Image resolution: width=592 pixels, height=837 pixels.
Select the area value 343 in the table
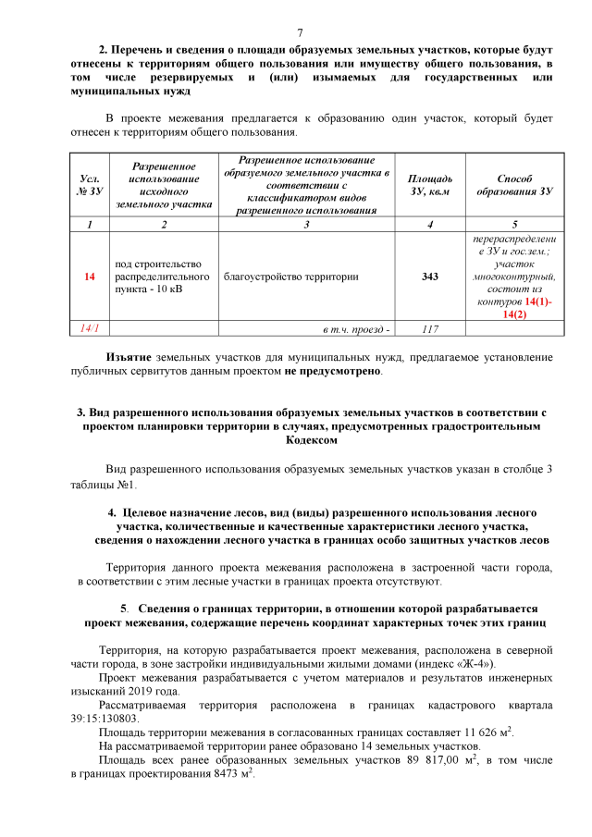point(429,277)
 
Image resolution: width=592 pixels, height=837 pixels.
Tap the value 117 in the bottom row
point(429,328)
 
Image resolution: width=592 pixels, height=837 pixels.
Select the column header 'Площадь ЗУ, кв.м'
point(429,184)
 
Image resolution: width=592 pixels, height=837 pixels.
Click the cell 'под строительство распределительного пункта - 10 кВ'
point(162,277)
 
